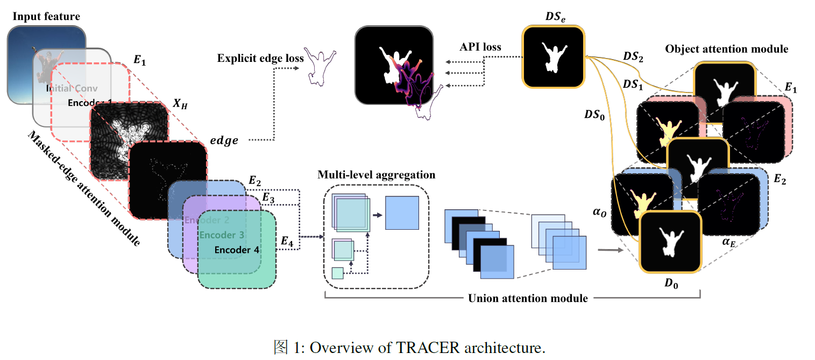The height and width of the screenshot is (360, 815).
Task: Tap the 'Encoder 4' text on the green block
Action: [x=237, y=250]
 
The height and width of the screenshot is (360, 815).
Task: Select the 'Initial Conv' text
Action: [x=72, y=88]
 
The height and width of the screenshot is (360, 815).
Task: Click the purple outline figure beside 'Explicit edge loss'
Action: [x=321, y=67]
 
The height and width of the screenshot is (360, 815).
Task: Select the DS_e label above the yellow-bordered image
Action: [x=555, y=17]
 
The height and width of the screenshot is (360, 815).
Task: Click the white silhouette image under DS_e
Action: [x=553, y=57]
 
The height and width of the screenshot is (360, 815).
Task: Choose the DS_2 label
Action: [x=633, y=57]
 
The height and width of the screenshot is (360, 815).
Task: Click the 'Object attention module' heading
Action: [x=727, y=49]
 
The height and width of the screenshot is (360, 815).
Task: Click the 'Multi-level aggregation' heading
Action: [x=376, y=175]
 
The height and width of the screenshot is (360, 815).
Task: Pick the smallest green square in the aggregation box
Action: [x=337, y=273]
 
